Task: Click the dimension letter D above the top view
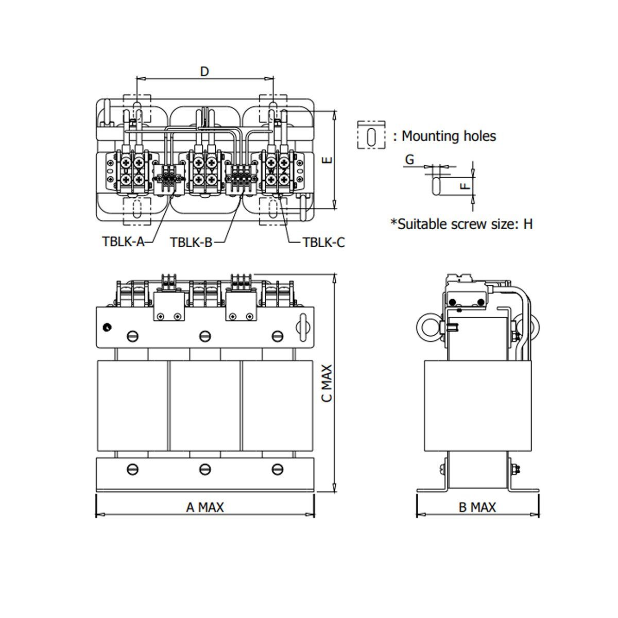(x=204, y=71)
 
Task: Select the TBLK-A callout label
(x=123, y=242)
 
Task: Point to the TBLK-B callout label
(x=191, y=242)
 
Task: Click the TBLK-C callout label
(x=323, y=242)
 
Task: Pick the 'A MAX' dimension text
(x=205, y=507)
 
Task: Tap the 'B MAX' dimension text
(x=477, y=507)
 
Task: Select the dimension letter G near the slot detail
(x=409, y=160)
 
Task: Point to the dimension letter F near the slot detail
(x=466, y=184)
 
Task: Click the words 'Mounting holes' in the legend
(x=449, y=136)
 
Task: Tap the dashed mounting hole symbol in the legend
(x=371, y=135)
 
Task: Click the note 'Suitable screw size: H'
(x=461, y=224)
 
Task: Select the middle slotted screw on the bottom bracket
(x=205, y=469)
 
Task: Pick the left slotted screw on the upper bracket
(x=133, y=336)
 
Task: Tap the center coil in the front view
(x=205, y=405)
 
